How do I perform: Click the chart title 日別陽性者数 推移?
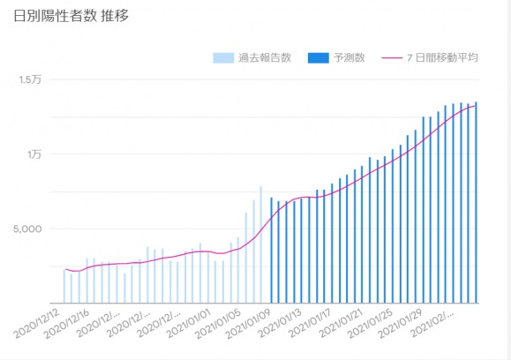71,16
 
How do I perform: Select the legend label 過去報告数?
265,57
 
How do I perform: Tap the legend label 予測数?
349,57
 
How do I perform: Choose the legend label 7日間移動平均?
442,57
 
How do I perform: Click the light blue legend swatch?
223,58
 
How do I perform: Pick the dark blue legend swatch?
318,58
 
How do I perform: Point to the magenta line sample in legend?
392,58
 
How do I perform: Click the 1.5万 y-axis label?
30,79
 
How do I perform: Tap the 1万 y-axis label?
34,154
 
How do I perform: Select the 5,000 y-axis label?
27,229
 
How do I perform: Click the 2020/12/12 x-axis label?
36,324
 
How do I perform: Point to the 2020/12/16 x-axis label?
66,324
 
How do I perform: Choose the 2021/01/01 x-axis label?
189,324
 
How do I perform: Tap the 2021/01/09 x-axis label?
248,324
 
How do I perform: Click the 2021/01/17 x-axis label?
310,324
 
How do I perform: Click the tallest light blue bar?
260,244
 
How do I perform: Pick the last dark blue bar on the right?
476,203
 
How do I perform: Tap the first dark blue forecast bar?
271,251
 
